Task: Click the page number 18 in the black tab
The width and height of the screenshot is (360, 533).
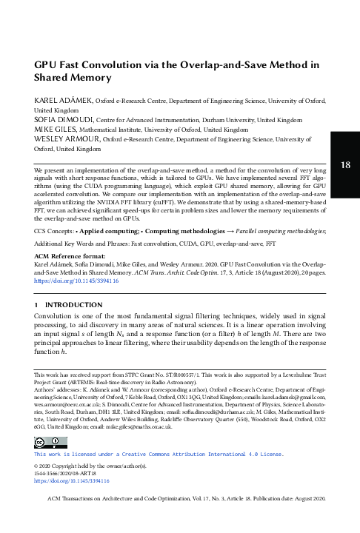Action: click(345, 164)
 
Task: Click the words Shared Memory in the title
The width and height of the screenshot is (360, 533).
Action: click(73, 77)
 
